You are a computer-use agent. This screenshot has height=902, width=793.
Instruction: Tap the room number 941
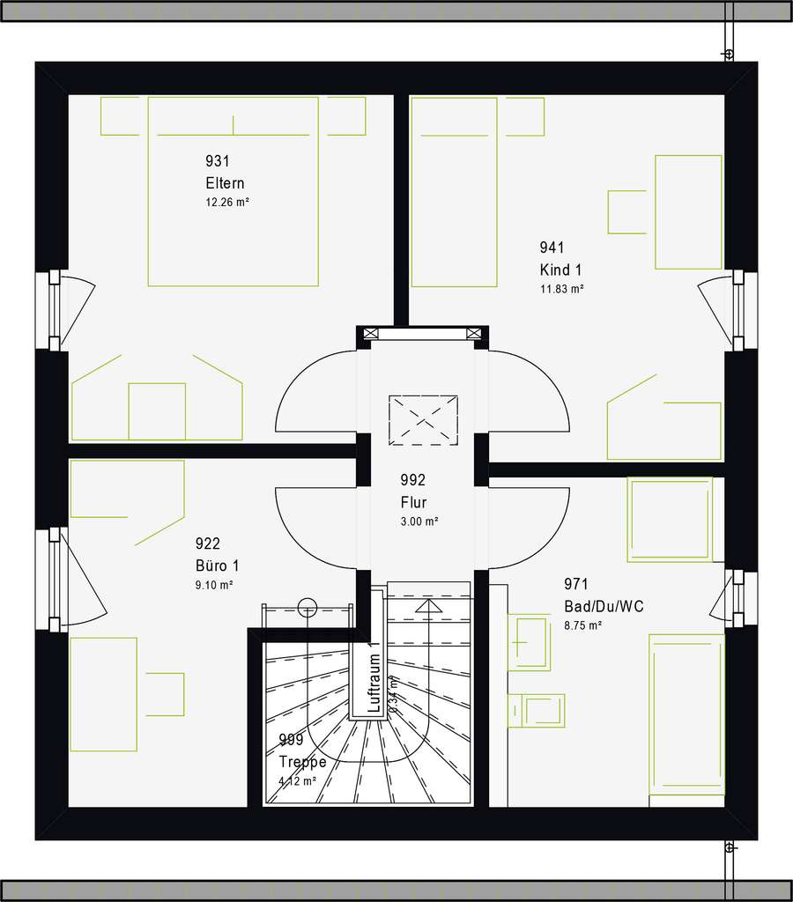coord(552,248)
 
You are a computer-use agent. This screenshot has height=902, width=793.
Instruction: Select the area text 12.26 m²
coord(227,202)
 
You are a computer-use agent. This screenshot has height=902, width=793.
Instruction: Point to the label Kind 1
coord(561,270)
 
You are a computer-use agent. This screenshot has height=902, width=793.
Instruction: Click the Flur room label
coord(413,503)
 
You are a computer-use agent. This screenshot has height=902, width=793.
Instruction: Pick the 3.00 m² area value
coord(419,521)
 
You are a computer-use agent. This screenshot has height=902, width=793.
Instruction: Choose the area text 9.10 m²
coord(215,585)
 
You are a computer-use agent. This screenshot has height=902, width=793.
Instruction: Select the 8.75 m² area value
coord(582,625)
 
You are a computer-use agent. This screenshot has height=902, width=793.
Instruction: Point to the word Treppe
coord(302,762)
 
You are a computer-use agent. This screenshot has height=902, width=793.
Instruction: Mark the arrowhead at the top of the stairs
coord(429,606)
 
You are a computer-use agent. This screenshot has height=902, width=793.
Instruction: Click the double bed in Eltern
coord(233,192)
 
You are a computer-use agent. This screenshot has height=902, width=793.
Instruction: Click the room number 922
coord(207,544)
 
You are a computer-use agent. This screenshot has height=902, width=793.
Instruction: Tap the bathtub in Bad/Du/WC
coord(686,713)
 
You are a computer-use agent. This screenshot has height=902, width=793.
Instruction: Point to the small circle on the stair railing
coord(307,606)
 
